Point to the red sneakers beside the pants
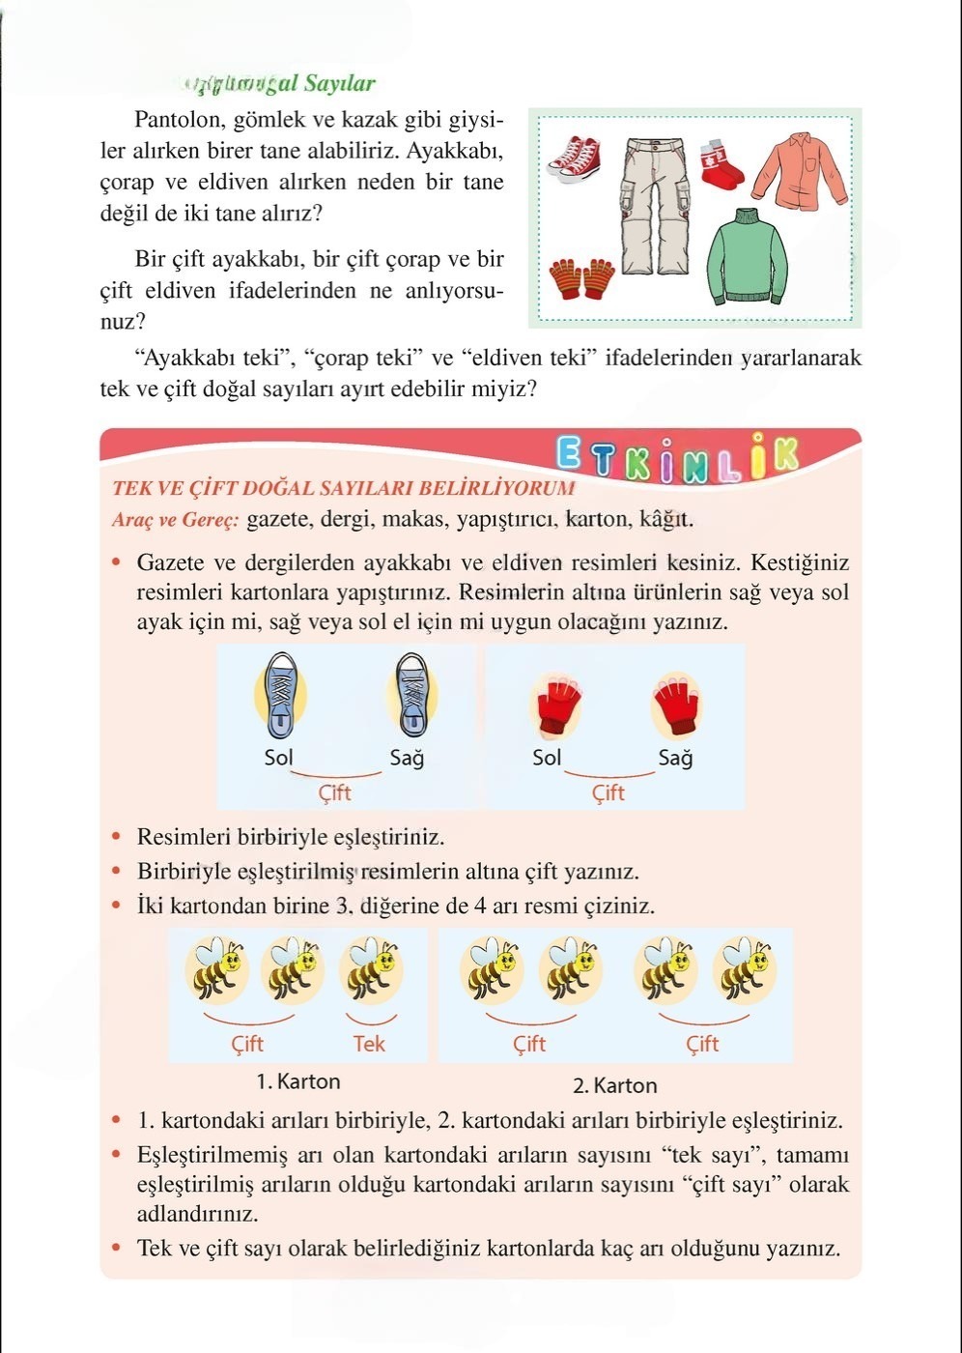pos(575,159)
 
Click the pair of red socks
pos(721,163)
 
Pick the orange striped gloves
pos(582,277)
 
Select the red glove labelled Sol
pos(556,705)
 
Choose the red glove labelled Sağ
pos(676,705)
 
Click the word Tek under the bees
pos(369,1044)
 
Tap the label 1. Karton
pos(297,1081)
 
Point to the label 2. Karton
pos(614,1085)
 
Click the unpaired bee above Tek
pos(371,968)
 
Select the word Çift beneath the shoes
pos(334,792)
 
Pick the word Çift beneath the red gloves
pos(608,792)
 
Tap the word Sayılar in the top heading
pos(339,83)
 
